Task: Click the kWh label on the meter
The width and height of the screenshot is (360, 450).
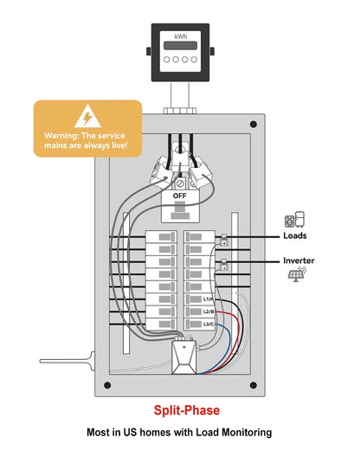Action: pos(181,36)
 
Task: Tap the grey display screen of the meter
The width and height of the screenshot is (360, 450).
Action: pos(180,46)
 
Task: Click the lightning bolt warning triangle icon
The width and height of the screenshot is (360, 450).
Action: pos(87,116)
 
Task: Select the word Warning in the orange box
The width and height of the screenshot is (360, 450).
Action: pos(61,136)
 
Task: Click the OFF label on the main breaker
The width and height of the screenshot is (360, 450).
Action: pos(180,196)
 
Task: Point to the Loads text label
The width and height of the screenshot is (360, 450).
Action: pos(295,235)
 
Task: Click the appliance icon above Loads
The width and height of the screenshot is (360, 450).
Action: pos(294,219)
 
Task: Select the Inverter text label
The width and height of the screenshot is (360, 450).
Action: pos(299,260)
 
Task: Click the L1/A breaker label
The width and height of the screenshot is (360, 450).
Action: pos(209,299)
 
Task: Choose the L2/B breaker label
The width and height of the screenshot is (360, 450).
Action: pos(209,312)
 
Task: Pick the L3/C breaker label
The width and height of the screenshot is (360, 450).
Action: pos(209,324)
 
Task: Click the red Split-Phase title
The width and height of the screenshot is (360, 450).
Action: pos(187,410)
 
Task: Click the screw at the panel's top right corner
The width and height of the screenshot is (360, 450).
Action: pos(254,125)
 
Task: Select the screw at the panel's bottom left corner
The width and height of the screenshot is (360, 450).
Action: pos(107,385)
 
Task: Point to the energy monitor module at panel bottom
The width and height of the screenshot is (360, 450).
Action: pos(184,357)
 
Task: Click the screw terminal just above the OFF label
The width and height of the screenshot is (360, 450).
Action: pos(180,183)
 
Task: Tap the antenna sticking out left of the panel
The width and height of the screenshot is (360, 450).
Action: pos(67,361)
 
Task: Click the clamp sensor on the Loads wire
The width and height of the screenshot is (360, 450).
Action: pos(224,240)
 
